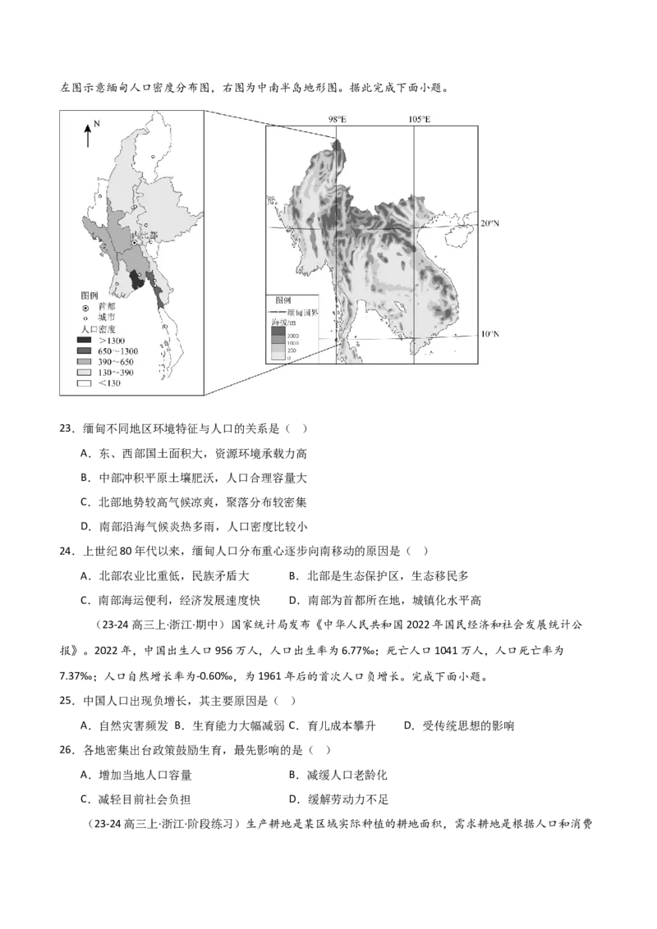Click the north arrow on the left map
pyautogui.click(x=88, y=135)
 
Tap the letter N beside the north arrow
pyautogui.click(x=96, y=123)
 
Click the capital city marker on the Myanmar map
pyautogui.click(x=135, y=243)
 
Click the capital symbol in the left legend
pyautogui.click(x=85, y=306)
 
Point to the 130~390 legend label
pyautogui.click(x=115, y=372)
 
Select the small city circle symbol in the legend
pyautogui.click(x=85, y=317)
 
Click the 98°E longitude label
pyautogui.click(x=337, y=120)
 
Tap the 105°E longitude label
pyautogui.click(x=419, y=120)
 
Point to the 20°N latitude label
pyautogui.click(x=489, y=223)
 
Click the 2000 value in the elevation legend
pyautogui.click(x=292, y=337)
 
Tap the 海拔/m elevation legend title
pyautogui.click(x=284, y=324)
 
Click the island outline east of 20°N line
pyautogui.click(x=457, y=235)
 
